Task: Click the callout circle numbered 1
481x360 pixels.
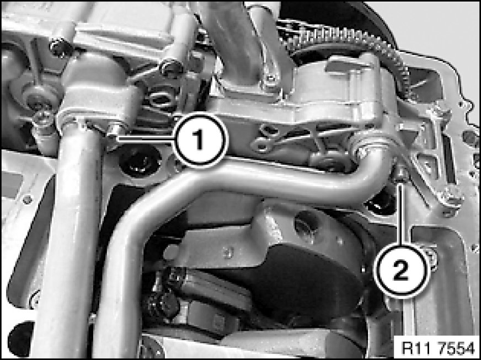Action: point(200,141)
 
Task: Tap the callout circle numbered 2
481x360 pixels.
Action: point(400,271)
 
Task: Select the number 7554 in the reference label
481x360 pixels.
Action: point(456,348)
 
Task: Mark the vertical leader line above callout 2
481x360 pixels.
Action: point(401,214)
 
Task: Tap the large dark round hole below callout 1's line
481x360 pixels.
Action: point(140,162)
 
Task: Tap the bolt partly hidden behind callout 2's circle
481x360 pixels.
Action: point(431,257)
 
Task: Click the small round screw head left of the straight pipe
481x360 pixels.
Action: point(27,200)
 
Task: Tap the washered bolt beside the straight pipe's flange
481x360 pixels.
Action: point(43,120)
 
